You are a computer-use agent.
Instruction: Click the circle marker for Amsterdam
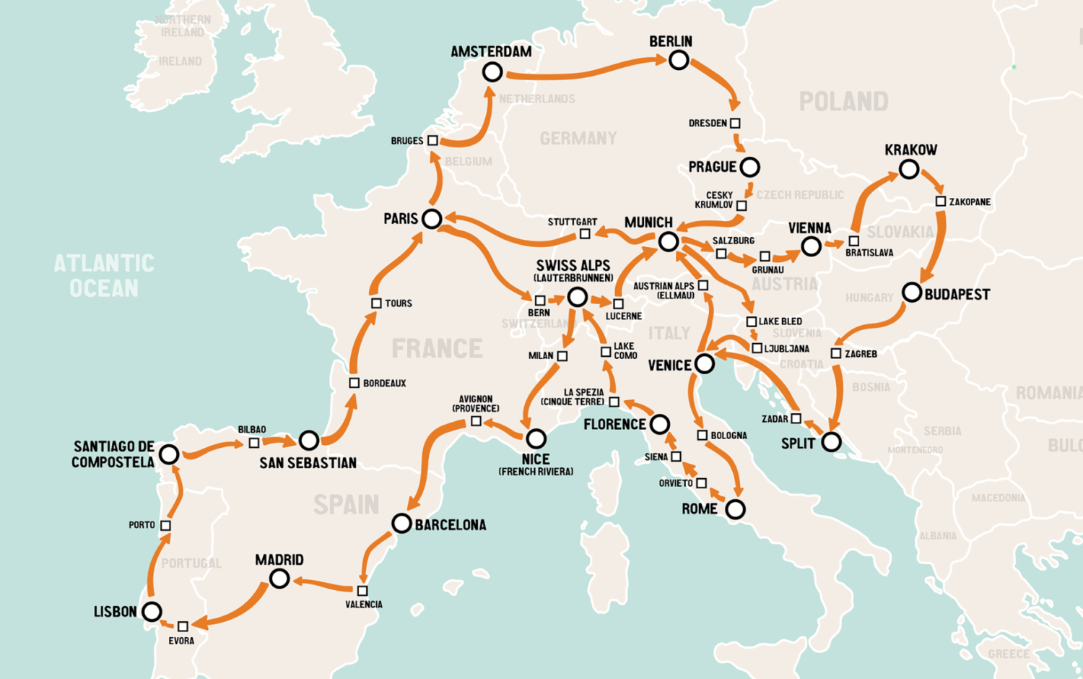[492, 72]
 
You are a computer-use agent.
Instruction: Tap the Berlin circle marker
[678, 60]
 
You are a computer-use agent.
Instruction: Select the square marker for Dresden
[735, 124]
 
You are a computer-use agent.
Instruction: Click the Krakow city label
[910, 150]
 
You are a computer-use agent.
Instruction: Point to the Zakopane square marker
[941, 202]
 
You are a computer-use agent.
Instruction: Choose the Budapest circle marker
[912, 293]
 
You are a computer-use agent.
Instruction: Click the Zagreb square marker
[836, 353]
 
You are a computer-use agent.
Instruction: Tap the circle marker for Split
[831, 441]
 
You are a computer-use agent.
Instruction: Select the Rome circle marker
[735, 509]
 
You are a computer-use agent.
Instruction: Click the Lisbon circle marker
[152, 612]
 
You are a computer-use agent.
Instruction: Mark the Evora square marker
[183, 626]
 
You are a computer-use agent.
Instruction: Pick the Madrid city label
[279, 560]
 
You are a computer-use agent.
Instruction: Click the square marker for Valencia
[362, 591]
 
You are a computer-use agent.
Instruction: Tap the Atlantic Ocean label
[104, 275]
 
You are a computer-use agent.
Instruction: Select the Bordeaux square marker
[354, 383]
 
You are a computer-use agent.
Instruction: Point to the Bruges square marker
[432, 140]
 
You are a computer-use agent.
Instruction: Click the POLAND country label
[843, 102]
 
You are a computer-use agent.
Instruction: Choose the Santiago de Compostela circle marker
[169, 454]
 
